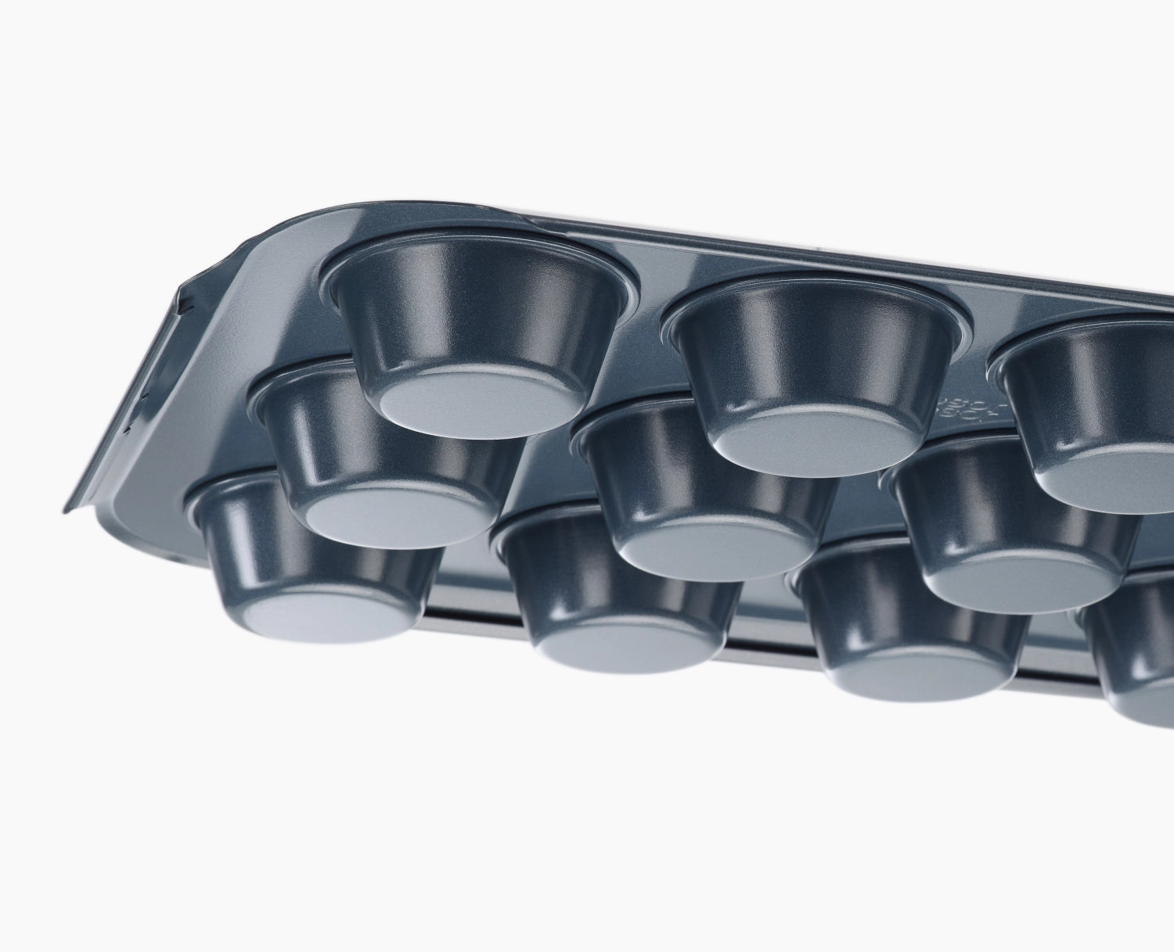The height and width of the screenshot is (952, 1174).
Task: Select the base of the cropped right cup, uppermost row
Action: (x=1111, y=482)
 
